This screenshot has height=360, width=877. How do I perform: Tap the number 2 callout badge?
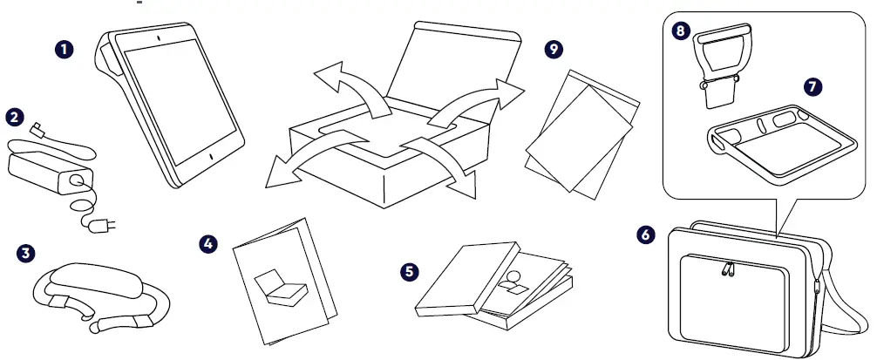point(15,116)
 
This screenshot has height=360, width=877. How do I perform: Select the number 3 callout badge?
point(27,252)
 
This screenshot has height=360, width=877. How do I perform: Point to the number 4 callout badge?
point(208,243)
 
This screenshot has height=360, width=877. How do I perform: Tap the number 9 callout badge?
point(552,50)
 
